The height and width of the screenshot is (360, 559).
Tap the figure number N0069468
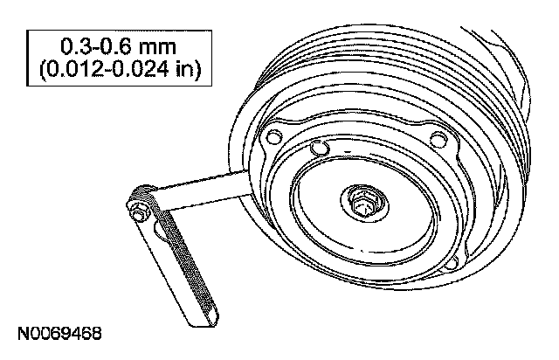(x=58, y=334)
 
